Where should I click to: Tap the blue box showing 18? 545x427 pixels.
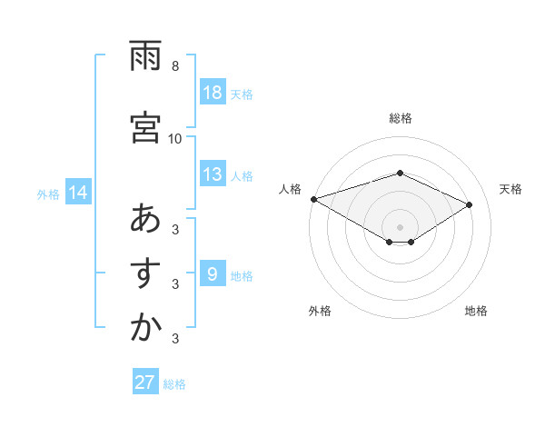(212, 93)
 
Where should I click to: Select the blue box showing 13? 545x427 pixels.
(212, 174)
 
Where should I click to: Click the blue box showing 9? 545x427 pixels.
(212, 274)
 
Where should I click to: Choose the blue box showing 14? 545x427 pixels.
(78, 193)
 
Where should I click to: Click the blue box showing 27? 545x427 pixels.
(144, 382)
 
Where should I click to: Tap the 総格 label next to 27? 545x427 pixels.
(174, 384)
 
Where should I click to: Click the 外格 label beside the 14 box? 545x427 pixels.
(48, 194)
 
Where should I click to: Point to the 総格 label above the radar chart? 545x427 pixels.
(400, 118)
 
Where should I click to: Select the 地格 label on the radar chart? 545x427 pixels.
(476, 311)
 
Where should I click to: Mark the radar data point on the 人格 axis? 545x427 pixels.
(313, 199)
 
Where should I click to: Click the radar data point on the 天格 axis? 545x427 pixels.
(470, 204)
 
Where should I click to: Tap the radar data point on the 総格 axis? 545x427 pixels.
(400, 173)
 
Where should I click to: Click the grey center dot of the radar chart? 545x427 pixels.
(400, 226)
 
